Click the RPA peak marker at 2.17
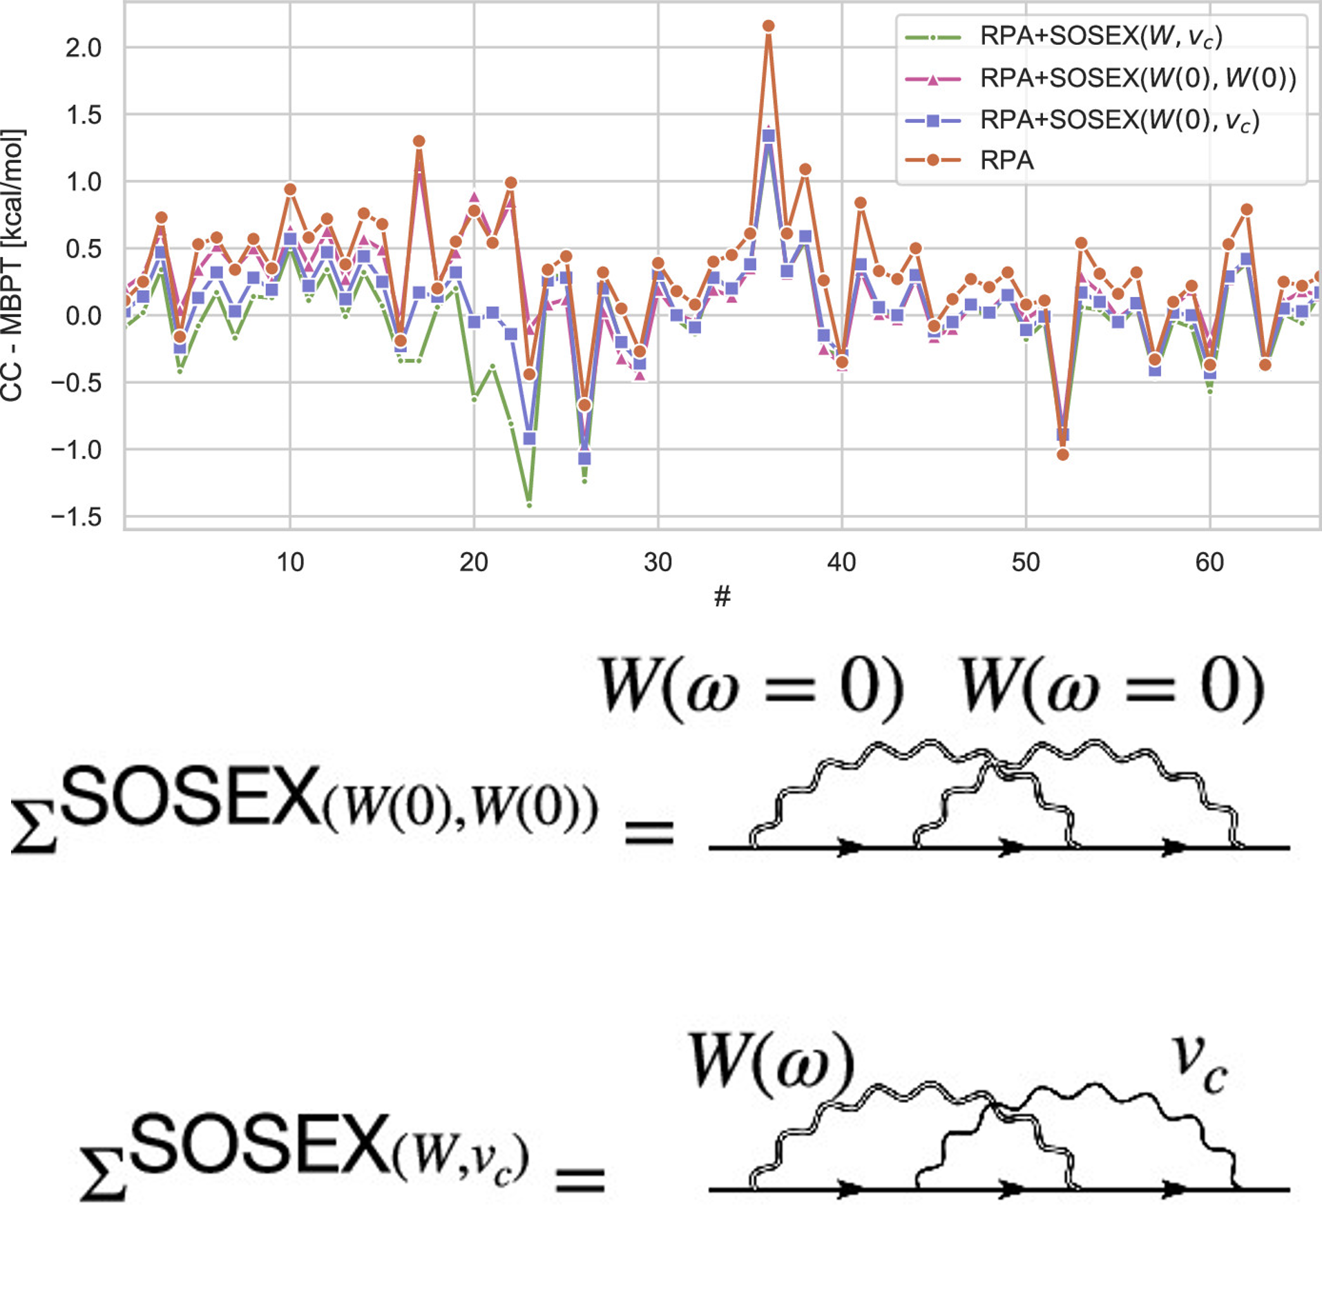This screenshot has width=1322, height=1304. (x=768, y=26)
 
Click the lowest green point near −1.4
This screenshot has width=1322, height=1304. (x=529, y=505)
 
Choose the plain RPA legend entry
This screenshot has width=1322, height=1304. (x=1006, y=160)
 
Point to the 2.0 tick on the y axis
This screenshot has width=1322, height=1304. (x=83, y=48)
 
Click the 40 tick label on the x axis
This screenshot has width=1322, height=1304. (x=841, y=563)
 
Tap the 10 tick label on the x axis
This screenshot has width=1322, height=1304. (x=290, y=563)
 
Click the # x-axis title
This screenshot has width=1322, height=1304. (x=722, y=596)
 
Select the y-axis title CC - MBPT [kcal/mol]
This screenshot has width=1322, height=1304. (x=12, y=266)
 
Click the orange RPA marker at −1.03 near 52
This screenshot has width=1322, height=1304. (x=1062, y=454)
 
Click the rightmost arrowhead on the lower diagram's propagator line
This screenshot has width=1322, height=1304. (x=1174, y=1189)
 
